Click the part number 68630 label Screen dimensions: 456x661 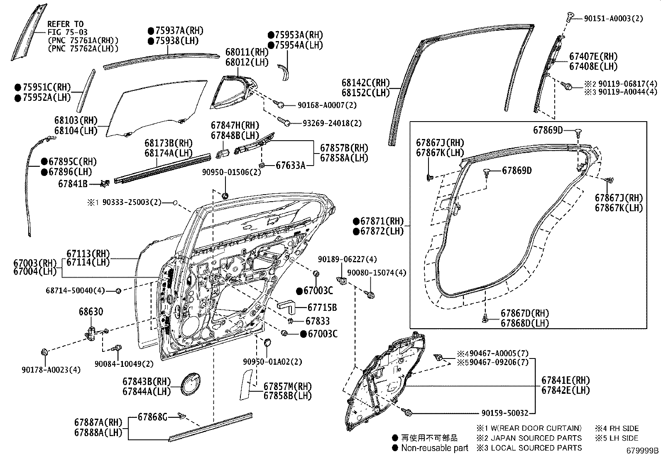91,312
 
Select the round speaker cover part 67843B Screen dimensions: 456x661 191,385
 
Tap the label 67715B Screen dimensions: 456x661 322,307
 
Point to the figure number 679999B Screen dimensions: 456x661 643,450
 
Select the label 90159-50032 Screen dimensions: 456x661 505,413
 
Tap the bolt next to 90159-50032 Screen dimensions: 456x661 408,412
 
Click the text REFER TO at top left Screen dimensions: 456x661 65,24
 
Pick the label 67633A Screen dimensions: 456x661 291,166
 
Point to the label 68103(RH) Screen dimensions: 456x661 76,120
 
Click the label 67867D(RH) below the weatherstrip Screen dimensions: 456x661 524,313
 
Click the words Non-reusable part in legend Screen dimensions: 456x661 434,448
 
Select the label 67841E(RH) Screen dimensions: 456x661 565,380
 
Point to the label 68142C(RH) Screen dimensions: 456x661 365,83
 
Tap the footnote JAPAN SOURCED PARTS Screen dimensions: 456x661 536,438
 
